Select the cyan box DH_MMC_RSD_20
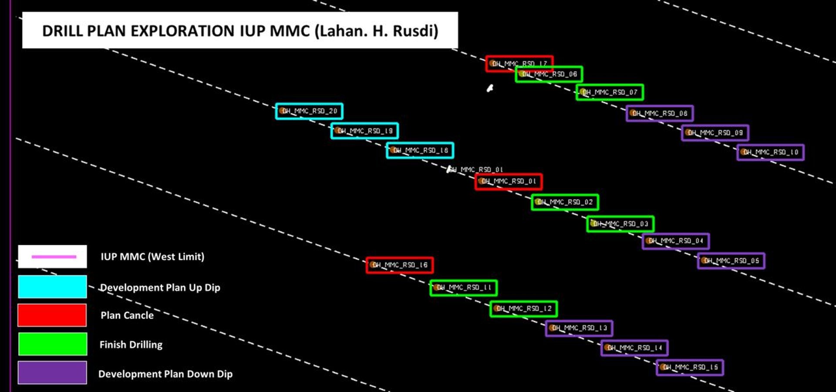[309, 111]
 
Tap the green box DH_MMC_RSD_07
[610, 92]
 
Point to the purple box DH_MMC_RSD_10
[770, 152]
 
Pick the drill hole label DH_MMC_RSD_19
[365, 131]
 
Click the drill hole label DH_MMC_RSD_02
[565, 202]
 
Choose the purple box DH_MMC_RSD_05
[731, 261]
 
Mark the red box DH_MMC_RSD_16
[400, 265]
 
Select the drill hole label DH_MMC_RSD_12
[523, 309]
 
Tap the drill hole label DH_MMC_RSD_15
[690, 368]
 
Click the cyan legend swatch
[52, 287]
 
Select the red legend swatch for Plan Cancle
[52, 315]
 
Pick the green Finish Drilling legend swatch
[52, 344]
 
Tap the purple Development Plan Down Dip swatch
[52, 373]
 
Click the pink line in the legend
[54, 257]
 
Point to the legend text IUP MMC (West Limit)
[152, 257]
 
